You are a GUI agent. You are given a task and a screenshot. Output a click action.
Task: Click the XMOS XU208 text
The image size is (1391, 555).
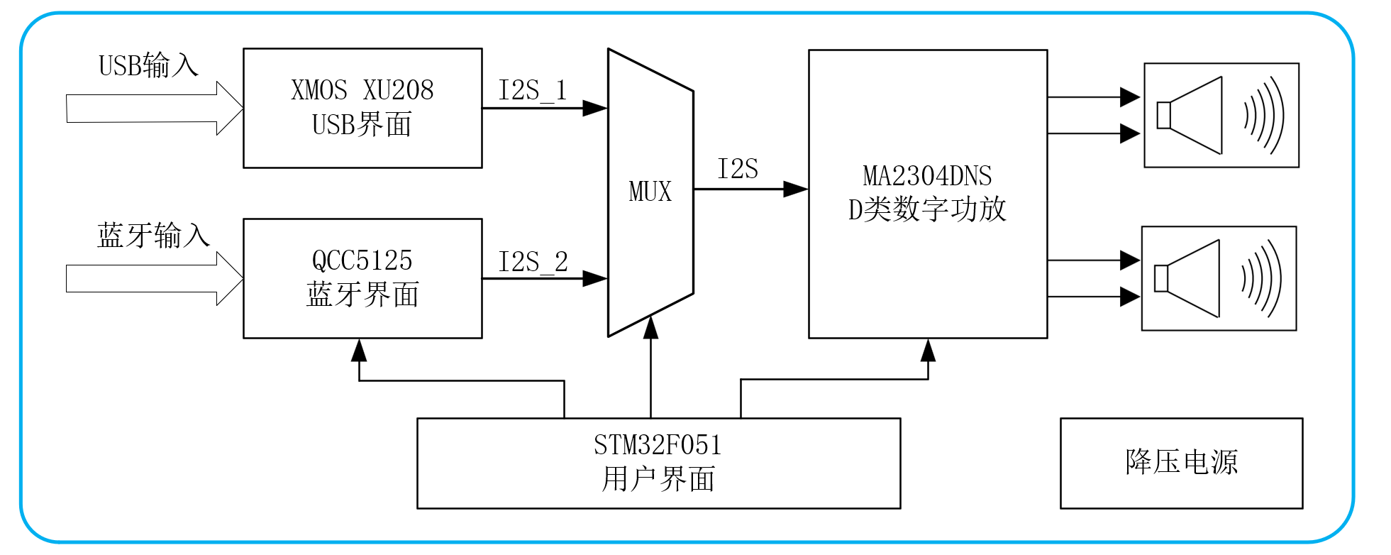(362, 90)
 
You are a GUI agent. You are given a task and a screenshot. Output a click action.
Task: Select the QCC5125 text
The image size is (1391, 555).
(362, 260)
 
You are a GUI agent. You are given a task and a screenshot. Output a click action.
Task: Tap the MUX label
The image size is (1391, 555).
(650, 192)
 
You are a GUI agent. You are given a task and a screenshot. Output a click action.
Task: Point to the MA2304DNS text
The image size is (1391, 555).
(927, 175)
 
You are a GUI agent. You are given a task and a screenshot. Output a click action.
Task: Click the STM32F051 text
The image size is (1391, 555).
(658, 445)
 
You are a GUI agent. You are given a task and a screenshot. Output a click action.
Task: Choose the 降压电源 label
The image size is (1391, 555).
(1181, 462)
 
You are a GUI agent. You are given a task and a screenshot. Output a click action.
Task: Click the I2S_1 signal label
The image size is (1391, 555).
(533, 91)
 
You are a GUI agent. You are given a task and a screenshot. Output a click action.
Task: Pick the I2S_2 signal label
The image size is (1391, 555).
(533, 262)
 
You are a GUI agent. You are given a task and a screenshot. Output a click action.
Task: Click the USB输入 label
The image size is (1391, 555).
(148, 65)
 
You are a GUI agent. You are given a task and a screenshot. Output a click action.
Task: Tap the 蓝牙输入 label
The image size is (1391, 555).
(153, 235)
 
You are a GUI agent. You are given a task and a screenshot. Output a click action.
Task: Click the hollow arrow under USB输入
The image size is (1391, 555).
(155, 109)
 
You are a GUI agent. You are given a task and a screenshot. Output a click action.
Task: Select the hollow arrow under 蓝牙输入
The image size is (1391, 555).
(155, 278)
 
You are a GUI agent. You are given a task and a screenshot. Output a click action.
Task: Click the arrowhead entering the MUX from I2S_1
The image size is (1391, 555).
(595, 109)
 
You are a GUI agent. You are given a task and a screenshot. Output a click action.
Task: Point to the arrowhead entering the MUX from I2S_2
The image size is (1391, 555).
(595, 278)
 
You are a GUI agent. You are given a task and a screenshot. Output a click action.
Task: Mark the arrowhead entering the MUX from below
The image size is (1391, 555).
(650, 327)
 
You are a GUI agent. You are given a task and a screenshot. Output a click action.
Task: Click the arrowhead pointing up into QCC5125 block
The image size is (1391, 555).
(359, 351)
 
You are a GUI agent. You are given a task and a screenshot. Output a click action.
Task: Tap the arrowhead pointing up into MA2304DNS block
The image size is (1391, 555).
(928, 351)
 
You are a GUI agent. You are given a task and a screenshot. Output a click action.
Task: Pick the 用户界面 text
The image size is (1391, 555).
(658, 479)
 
